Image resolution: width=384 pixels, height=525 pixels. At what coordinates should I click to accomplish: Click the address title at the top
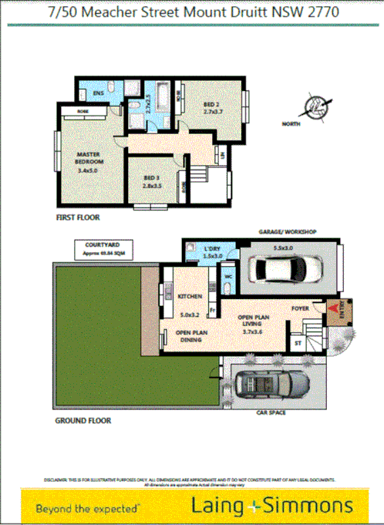(193, 13)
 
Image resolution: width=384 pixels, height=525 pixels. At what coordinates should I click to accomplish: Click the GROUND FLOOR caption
(83, 421)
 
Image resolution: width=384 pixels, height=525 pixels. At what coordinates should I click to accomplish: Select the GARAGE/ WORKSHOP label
(287, 231)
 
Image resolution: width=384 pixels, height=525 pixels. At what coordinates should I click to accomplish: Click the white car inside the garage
(286, 268)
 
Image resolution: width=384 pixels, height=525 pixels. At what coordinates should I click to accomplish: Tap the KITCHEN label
(190, 297)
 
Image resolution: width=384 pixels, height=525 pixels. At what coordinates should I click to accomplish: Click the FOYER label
(300, 308)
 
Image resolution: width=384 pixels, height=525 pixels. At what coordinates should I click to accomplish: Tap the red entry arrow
(335, 311)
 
